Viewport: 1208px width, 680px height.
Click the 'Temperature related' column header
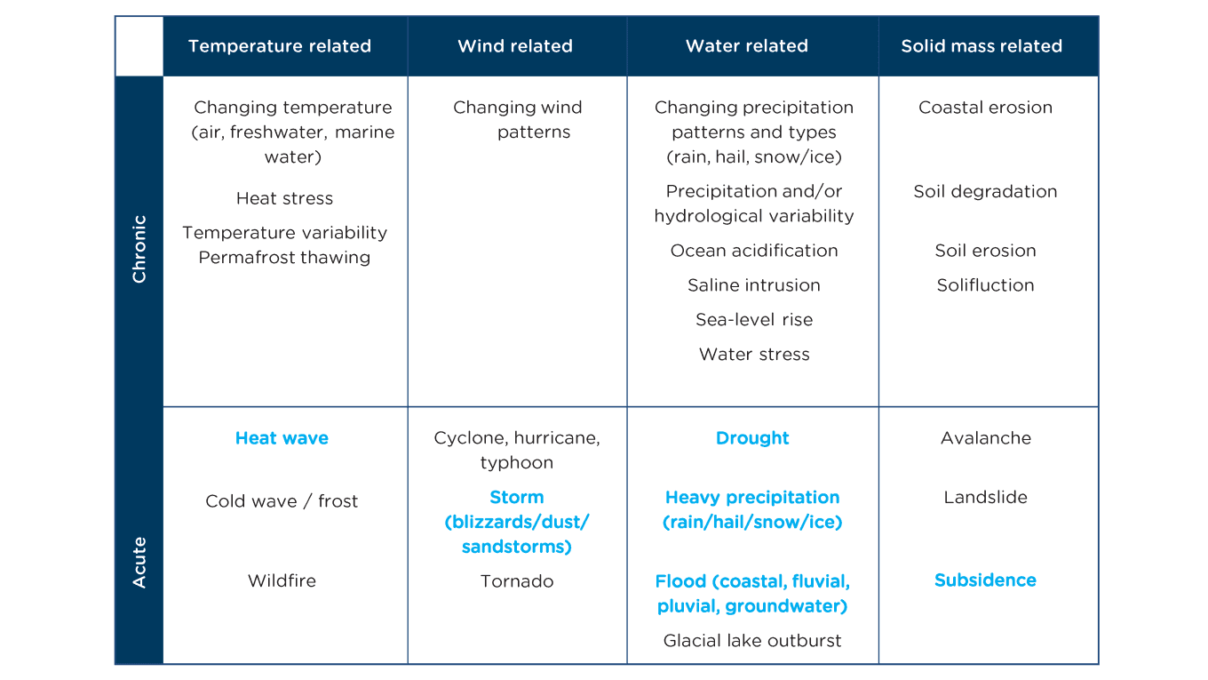point(279,46)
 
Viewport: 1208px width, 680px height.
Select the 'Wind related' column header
point(515,46)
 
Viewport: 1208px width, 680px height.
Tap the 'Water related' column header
point(747,46)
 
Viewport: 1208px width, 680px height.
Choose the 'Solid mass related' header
point(981,46)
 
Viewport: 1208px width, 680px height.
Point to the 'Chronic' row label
point(139,249)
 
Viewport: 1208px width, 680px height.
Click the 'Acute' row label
point(139,563)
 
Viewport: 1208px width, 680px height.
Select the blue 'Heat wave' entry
point(282,437)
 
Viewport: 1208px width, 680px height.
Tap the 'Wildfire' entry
point(282,580)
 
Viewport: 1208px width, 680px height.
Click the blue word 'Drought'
point(752,437)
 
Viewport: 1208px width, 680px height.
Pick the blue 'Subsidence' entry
point(985,580)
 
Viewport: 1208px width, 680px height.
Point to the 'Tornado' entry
point(517,581)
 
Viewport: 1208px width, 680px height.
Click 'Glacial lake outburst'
point(752,641)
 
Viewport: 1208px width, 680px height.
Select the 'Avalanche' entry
point(986,437)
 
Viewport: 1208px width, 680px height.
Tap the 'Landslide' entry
point(985,497)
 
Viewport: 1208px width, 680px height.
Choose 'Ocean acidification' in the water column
point(754,251)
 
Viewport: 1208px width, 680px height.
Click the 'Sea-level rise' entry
point(754,319)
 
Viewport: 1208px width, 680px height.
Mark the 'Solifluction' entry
point(985,285)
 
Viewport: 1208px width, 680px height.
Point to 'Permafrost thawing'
point(284,258)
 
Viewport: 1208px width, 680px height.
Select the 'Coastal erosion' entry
point(985,108)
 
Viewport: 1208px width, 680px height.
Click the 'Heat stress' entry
point(284,198)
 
